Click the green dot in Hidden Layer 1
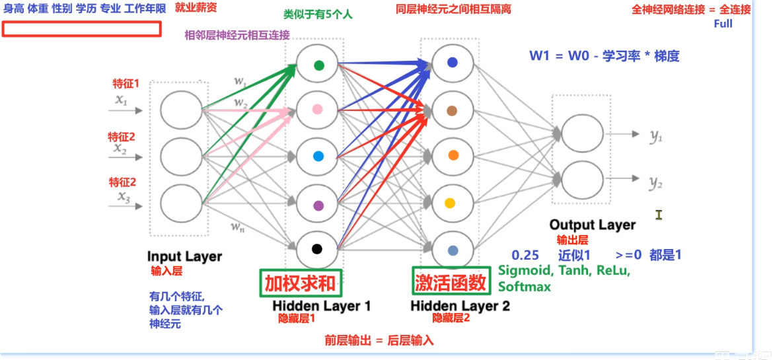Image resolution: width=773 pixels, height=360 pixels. point(318,65)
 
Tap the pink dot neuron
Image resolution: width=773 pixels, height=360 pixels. point(318,110)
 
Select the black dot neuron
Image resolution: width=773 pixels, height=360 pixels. point(317,249)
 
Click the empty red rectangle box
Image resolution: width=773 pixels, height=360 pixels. point(81,29)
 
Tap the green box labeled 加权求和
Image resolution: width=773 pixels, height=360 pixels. point(300,283)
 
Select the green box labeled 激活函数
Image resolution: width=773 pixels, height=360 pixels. point(451,283)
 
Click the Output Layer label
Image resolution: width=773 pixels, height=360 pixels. point(592,225)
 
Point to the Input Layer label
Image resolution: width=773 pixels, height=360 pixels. point(184,256)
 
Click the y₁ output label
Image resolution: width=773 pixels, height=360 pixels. point(655,137)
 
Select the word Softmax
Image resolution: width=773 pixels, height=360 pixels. point(524,287)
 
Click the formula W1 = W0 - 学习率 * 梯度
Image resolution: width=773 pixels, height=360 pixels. point(605,56)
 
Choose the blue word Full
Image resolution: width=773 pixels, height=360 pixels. point(723,23)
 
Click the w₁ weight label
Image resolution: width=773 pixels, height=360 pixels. point(240,81)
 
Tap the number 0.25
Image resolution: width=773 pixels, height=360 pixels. point(523,256)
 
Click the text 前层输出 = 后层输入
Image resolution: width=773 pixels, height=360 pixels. point(379,341)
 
